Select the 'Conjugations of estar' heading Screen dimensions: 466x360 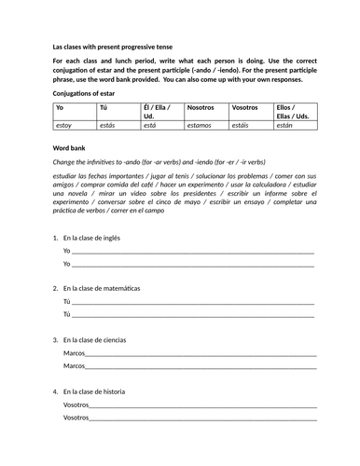87,93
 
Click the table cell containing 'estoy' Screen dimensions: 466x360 64,123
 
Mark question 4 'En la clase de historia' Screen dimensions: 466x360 101,391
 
